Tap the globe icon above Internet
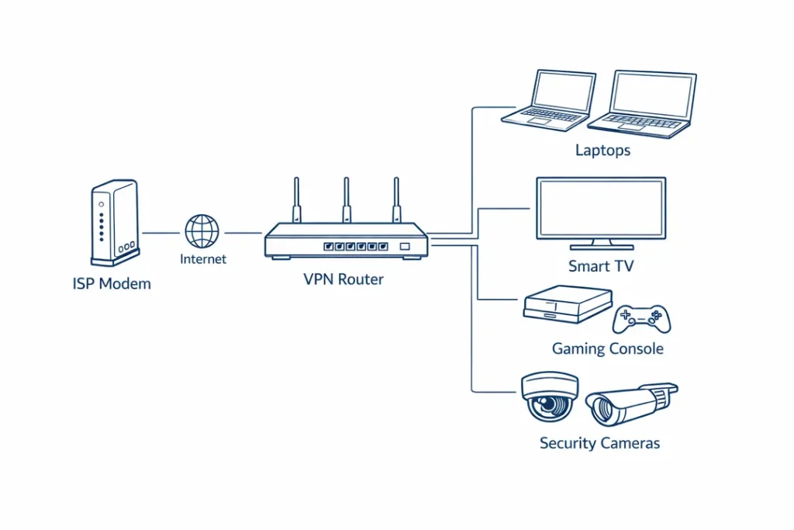tap(202, 231)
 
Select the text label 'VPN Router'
tap(343, 279)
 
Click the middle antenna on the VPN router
tap(346, 200)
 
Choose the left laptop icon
tap(549, 99)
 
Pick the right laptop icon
tap(643, 105)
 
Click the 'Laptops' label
tap(602, 151)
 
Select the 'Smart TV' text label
tap(601, 266)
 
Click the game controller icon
tap(642, 318)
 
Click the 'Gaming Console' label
tap(607, 349)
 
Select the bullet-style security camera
tap(629, 404)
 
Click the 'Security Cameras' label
tap(599, 444)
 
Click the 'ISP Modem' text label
tap(112, 284)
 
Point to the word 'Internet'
tap(203, 259)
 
